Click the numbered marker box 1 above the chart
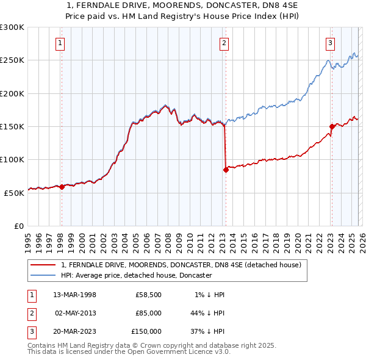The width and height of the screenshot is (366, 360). [x=61, y=43]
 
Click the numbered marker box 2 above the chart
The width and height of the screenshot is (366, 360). [x=224, y=43]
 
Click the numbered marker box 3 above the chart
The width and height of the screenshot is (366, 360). [x=330, y=43]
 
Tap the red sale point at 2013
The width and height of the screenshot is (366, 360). [x=226, y=170]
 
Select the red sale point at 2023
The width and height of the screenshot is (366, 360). [x=332, y=127]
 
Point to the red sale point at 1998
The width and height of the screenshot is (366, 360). [x=62, y=187]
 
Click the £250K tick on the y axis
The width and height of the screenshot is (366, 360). [x=12, y=60]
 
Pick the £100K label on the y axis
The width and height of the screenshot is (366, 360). [x=12, y=159]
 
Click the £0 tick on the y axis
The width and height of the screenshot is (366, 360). [x=18, y=226]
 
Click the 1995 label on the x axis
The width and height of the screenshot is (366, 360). [x=28, y=238]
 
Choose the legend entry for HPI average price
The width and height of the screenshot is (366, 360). [x=136, y=275]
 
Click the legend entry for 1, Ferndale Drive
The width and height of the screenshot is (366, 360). [x=181, y=265]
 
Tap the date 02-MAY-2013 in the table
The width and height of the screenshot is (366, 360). [x=76, y=313]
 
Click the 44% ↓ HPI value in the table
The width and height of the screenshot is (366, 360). [x=207, y=313]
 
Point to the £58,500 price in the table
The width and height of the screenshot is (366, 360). [x=148, y=295]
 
